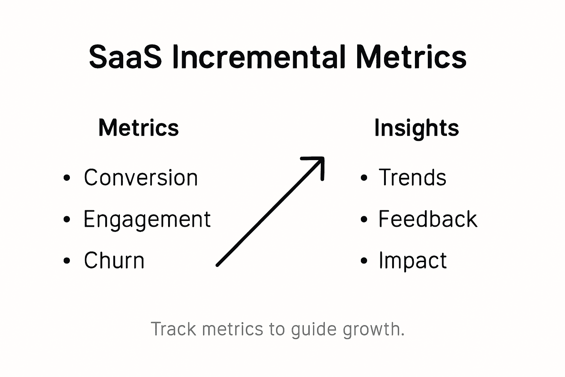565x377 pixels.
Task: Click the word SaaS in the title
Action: [x=125, y=57]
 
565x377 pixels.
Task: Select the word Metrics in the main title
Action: [x=411, y=57]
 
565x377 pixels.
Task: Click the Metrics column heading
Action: [x=139, y=128]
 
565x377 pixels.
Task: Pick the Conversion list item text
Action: [x=141, y=177]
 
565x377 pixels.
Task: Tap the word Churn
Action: [x=114, y=261]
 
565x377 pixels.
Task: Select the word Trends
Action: [x=412, y=177]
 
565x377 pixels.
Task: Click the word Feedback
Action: [x=428, y=219]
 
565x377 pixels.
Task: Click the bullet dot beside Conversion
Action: [x=67, y=178]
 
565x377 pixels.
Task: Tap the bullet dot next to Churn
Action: [x=67, y=261]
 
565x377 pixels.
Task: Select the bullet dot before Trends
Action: [x=364, y=178]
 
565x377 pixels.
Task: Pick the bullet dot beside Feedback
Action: [x=364, y=219]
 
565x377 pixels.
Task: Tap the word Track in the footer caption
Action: [x=174, y=329]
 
